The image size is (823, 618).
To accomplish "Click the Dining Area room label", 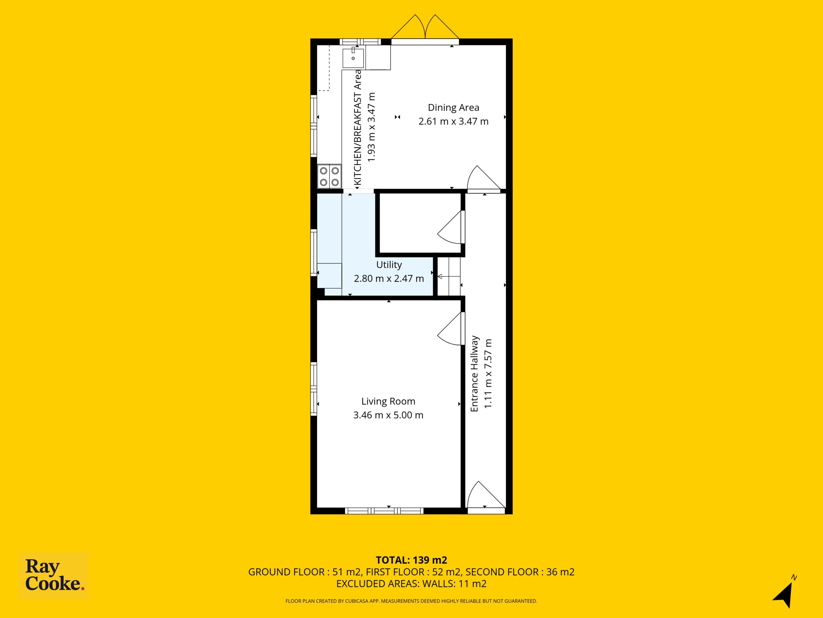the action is [x=453, y=108].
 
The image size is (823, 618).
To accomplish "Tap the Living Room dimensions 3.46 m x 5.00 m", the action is [x=388, y=415].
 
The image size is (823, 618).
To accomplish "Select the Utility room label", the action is [x=389, y=265].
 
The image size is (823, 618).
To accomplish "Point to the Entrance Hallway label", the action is [x=475, y=374].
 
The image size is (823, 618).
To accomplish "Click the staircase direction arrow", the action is [x=449, y=276].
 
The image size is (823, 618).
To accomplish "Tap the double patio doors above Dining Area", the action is [x=425, y=30].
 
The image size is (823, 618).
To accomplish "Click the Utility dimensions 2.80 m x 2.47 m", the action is [x=389, y=278].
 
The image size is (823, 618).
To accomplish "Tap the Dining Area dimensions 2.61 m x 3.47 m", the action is [x=453, y=121].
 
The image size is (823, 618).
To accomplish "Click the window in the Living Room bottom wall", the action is [x=384, y=511].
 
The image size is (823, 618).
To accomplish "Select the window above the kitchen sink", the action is [x=360, y=42].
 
